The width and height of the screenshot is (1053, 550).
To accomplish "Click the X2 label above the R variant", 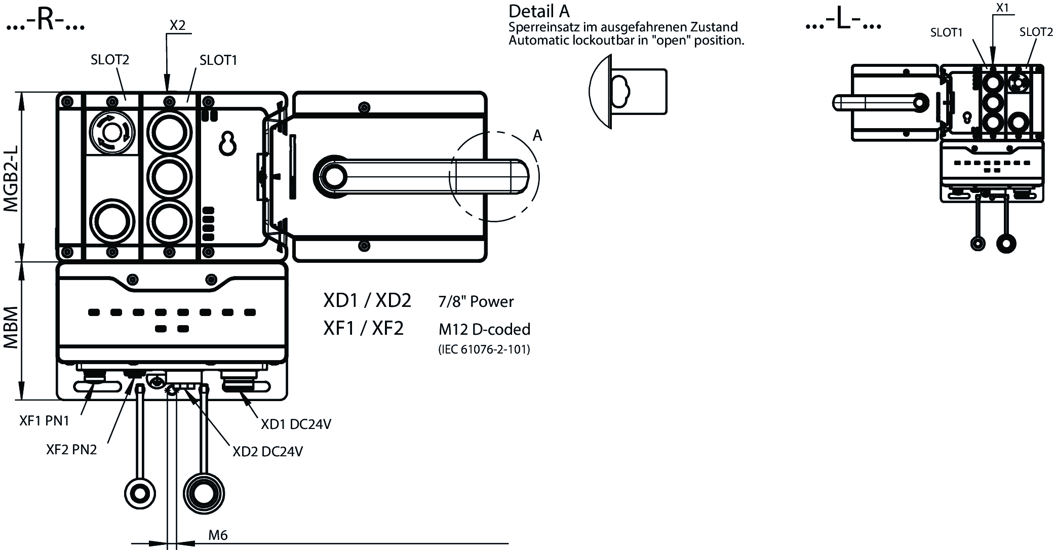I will (x=177, y=25).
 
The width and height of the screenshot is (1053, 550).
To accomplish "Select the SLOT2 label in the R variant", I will (x=110, y=60).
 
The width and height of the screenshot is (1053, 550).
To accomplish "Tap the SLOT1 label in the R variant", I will (x=218, y=60).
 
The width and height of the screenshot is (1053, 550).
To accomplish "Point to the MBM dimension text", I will (x=11, y=327).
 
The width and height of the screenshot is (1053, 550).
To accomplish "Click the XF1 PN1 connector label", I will (x=44, y=421).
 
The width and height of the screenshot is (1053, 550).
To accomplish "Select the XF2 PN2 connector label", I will (x=71, y=450).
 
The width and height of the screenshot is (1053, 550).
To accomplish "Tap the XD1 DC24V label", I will (x=296, y=424).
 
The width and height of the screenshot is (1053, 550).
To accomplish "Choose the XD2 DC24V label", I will (x=267, y=451).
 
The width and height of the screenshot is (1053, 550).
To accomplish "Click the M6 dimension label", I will (x=218, y=535).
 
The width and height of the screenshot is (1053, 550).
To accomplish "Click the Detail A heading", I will (x=539, y=11).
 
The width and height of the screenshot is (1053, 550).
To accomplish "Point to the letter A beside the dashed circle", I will (x=537, y=136).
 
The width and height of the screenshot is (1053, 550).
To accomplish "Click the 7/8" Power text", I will (x=476, y=302).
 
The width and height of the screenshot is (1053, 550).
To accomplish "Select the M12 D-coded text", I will (x=484, y=330).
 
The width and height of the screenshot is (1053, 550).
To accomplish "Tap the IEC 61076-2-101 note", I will (x=484, y=349).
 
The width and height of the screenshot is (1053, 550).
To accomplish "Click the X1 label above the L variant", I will (x=1002, y=8).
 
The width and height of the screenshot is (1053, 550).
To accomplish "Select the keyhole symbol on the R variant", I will (x=228, y=144).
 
